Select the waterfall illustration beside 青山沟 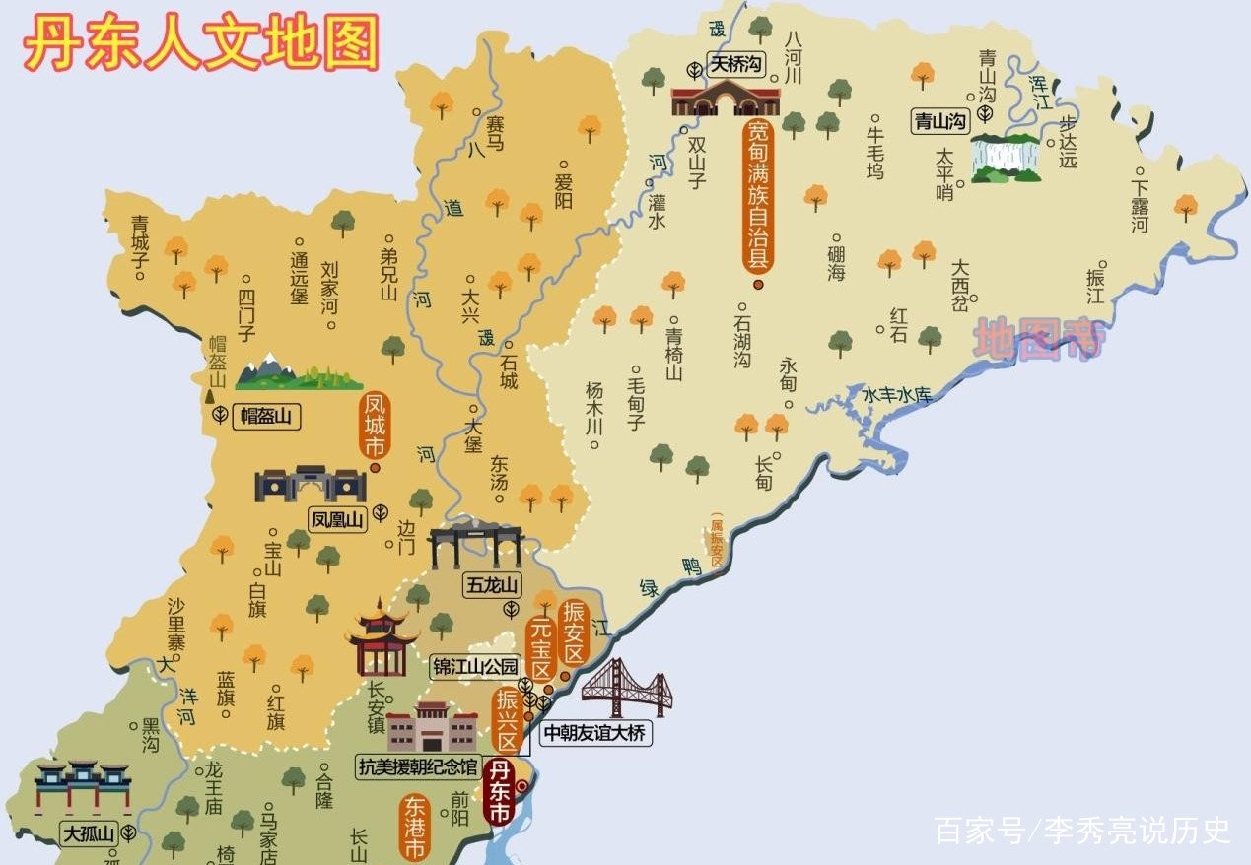click(1006, 158)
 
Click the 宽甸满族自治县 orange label click(757, 197)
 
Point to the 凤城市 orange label click(375, 426)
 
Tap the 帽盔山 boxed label click(266, 417)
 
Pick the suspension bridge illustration click(627, 688)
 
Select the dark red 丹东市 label click(501, 792)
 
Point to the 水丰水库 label click(897, 395)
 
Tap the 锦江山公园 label click(475, 667)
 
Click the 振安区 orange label click(573, 632)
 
